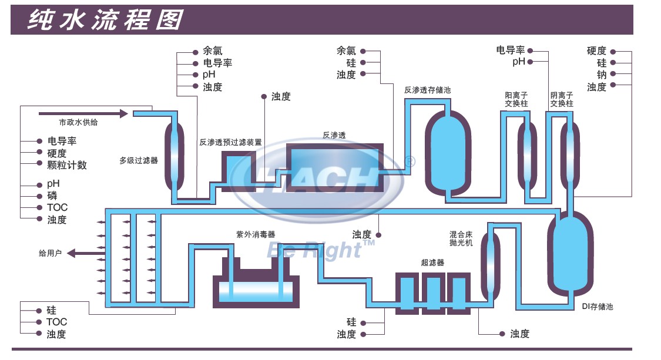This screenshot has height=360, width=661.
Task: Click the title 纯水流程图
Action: [x=105, y=20]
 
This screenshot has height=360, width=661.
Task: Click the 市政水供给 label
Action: [x=78, y=122]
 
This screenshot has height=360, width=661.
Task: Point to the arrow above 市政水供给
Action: [x=83, y=113]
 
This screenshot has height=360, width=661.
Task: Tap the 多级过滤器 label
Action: [x=139, y=160]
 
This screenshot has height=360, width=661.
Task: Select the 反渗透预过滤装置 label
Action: [x=230, y=142]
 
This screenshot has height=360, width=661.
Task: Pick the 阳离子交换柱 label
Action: [x=516, y=99]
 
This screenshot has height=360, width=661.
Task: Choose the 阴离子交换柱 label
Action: [x=562, y=99]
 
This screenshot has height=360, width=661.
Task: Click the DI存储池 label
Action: [x=598, y=307]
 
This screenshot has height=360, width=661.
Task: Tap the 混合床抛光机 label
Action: [x=461, y=238]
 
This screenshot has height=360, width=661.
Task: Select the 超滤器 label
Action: [x=432, y=263]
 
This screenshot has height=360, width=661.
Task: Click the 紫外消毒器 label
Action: [x=256, y=234]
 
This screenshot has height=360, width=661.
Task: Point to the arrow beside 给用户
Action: [x=86, y=253]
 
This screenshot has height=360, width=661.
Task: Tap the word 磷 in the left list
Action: [x=52, y=195]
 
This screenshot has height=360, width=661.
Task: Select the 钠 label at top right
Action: [x=602, y=75]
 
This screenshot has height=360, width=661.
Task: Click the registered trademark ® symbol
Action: [x=410, y=162]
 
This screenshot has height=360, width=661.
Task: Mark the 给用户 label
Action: [x=50, y=253]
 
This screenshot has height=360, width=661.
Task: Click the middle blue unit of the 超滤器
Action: [x=434, y=294]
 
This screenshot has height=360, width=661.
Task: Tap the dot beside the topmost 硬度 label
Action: [x=613, y=52]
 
